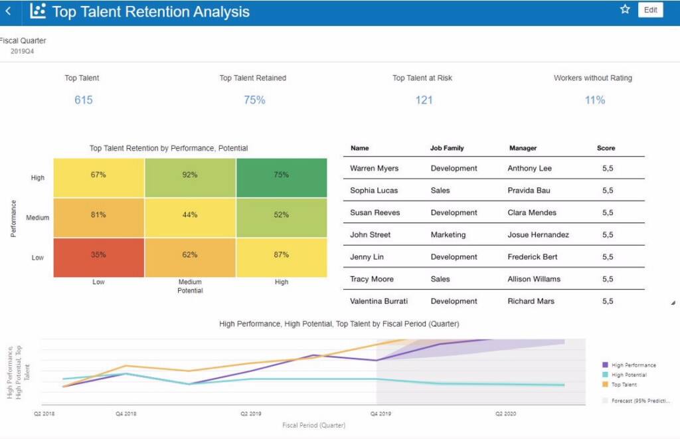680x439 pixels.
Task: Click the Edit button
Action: (650, 10)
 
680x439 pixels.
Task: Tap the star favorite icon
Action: (625, 9)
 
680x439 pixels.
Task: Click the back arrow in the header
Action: (8, 11)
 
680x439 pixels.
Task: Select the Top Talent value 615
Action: (83, 100)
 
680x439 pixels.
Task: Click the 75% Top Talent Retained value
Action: (254, 100)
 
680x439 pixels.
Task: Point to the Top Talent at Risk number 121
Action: (424, 100)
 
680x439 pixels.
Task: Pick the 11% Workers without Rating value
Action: (594, 100)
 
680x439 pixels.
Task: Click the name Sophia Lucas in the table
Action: (374, 191)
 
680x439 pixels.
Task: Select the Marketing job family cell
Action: (448, 234)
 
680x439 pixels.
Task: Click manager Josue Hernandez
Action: (538, 234)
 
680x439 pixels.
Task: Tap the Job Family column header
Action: (447, 148)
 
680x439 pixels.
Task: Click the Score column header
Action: (606, 148)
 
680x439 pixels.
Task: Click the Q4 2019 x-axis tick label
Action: (381, 413)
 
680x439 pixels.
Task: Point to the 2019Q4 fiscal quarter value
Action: (22, 51)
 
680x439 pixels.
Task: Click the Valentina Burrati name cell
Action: (379, 301)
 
